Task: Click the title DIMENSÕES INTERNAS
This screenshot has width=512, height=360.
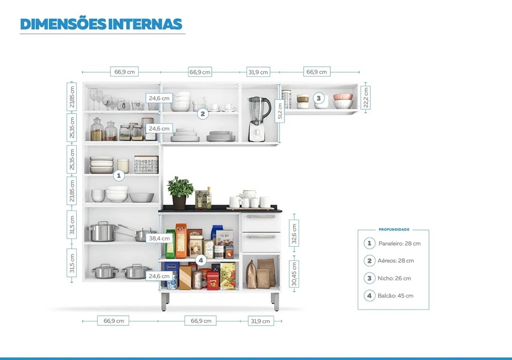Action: (x=101, y=24)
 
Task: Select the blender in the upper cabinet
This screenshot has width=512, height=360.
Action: (x=258, y=118)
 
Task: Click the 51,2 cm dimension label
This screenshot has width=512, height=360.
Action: (x=279, y=110)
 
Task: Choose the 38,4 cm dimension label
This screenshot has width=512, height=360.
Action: (x=159, y=238)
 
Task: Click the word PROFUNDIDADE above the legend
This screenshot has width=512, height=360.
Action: (x=394, y=230)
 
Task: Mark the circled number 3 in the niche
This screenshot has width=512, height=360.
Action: (x=319, y=98)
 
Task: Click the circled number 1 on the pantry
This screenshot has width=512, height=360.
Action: (x=119, y=175)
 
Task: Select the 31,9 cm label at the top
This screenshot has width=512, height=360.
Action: (x=258, y=72)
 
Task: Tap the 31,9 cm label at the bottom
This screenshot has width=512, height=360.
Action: (x=260, y=321)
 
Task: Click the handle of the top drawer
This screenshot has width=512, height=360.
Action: (x=261, y=217)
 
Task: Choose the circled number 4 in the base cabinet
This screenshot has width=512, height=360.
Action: (x=200, y=260)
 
